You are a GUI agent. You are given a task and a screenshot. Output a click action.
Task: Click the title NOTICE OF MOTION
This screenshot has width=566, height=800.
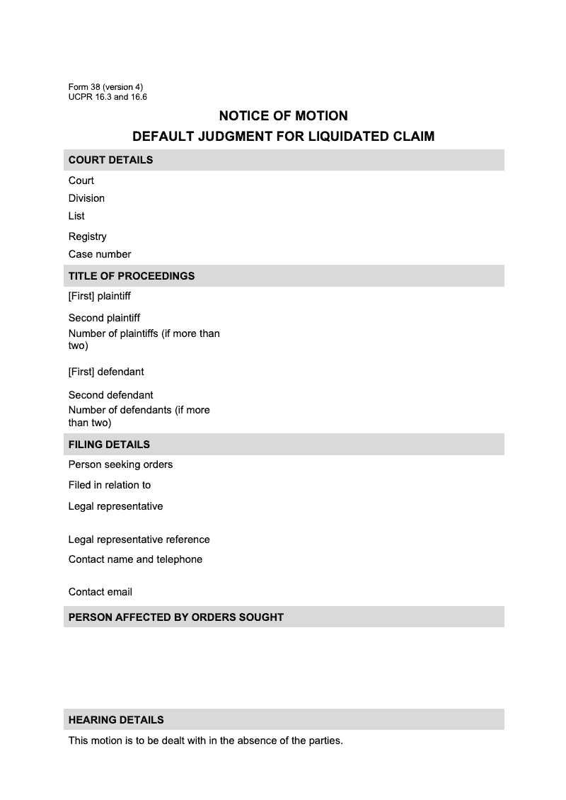(x=283, y=116)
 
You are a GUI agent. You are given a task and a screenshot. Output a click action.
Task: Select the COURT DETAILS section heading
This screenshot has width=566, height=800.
(x=110, y=160)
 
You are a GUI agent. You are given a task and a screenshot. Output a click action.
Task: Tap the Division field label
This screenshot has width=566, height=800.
(x=86, y=198)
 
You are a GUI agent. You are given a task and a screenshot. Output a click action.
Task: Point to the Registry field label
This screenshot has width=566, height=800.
(x=87, y=236)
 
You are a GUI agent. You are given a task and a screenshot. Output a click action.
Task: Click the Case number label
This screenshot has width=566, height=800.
(x=100, y=254)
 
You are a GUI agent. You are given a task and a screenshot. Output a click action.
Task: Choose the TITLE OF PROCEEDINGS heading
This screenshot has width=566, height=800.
(x=132, y=276)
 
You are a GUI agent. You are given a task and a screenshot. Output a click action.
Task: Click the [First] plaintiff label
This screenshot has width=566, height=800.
(x=100, y=296)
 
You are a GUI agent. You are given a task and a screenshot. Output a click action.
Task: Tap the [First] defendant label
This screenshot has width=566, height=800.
(x=106, y=372)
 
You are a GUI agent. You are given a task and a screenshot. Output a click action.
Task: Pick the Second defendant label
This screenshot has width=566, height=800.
(x=110, y=395)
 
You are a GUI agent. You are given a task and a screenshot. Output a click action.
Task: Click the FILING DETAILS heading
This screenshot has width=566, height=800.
(x=109, y=445)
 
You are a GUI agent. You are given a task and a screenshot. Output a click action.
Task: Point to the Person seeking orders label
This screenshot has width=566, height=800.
(x=120, y=464)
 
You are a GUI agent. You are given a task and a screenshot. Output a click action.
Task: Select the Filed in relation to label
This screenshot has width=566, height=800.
(x=110, y=485)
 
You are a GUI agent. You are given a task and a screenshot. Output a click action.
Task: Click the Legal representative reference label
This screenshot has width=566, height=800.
(x=139, y=539)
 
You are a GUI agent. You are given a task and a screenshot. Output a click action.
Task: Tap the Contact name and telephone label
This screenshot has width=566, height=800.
(x=135, y=559)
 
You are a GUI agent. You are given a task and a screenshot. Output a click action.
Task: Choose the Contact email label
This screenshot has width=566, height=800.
(x=100, y=592)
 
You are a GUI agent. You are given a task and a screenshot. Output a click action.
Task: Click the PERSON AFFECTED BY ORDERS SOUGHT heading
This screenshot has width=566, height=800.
(x=175, y=617)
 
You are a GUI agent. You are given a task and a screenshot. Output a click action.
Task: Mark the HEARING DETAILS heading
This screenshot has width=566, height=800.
(x=116, y=720)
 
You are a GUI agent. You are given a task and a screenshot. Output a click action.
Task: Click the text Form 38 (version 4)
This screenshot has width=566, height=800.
(x=105, y=87)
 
